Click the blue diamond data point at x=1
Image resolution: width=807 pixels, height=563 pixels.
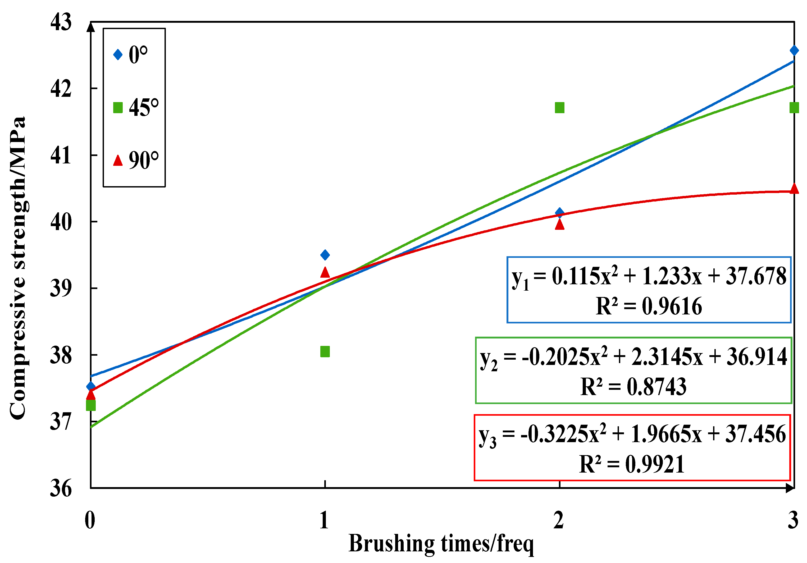[x=325, y=255]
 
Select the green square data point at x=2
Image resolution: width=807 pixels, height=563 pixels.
[x=560, y=108]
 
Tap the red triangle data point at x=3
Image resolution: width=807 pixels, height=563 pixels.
[x=794, y=189]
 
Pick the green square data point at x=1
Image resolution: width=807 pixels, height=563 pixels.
[x=325, y=351]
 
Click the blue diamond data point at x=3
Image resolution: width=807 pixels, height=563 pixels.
[x=794, y=51]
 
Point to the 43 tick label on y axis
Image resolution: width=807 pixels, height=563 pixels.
[x=61, y=22]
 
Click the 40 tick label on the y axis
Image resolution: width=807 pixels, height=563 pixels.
[x=61, y=222]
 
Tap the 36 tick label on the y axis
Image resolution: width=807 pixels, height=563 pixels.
[x=61, y=488]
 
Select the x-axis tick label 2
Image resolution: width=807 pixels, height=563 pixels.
[x=559, y=520]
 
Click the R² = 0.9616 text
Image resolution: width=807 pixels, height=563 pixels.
[x=649, y=306]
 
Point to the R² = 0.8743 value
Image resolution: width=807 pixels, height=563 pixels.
[x=633, y=387]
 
